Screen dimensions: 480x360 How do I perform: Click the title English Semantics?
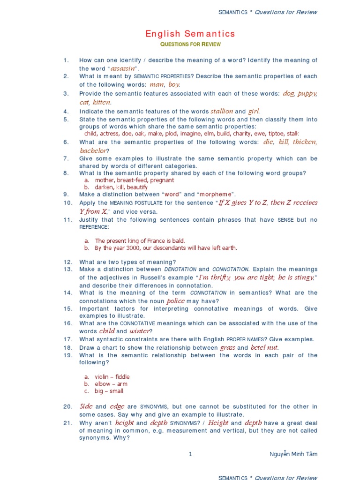[190, 34]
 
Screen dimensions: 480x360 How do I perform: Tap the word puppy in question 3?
[307, 94]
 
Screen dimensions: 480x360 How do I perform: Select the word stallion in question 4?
[222, 111]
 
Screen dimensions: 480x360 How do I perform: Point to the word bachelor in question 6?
[93, 150]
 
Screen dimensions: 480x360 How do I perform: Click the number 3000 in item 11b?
[133, 248]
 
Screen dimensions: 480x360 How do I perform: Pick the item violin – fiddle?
[112, 377]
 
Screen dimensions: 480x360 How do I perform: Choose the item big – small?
[109, 391]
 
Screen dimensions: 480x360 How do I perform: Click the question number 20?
[67, 406]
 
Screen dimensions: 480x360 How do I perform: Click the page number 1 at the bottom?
[190, 454]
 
